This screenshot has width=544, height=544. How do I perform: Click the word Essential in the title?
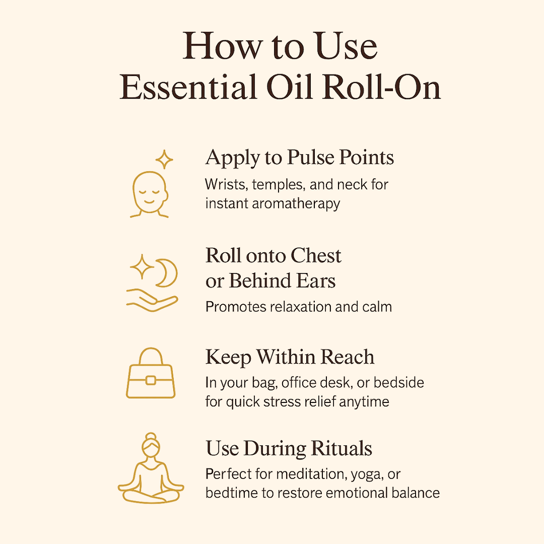(188, 87)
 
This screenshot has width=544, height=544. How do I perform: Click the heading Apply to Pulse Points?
(299, 158)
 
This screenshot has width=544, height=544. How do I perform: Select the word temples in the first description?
(279, 185)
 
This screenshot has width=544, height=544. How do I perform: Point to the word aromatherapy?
(296, 203)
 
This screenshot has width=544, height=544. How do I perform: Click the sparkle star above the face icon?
(164, 159)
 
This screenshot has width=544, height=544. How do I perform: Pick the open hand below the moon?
(152, 300)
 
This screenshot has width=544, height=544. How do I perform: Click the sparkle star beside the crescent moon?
(142, 266)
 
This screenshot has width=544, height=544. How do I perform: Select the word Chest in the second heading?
(316, 256)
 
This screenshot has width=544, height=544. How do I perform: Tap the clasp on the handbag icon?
(151, 381)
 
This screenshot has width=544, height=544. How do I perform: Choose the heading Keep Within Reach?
(290, 357)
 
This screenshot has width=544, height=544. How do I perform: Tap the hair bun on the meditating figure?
(151, 436)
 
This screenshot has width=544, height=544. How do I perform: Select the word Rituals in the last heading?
(341, 448)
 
